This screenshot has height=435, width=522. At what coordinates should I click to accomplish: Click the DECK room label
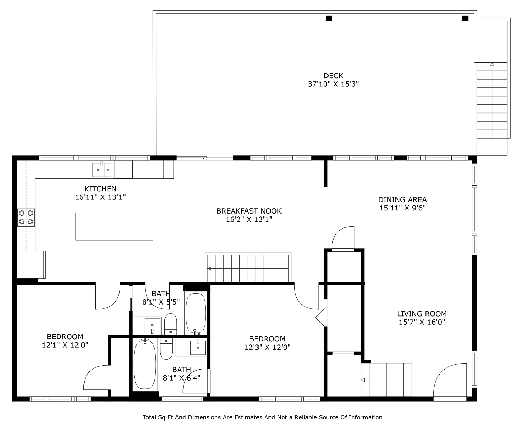click(333, 75)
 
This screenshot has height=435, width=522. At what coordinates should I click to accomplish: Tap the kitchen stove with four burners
click(26, 217)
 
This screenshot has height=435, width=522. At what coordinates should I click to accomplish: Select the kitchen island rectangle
click(114, 226)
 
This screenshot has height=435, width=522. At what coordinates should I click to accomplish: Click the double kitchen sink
click(102, 170)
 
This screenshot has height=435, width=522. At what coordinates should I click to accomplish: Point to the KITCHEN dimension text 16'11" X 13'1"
click(100, 197)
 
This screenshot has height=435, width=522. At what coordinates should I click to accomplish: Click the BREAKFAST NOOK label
click(249, 211)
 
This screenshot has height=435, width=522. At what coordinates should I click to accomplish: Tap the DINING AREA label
click(402, 199)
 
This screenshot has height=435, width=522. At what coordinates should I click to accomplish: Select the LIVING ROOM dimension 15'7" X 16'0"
click(422, 322)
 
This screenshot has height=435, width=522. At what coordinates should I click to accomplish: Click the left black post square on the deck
click(329, 18)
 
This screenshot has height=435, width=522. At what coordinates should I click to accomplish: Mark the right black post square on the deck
click(465, 18)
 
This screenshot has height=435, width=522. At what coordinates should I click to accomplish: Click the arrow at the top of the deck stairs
click(492, 64)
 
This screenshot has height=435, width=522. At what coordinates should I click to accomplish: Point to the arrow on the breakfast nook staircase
click(209, 268)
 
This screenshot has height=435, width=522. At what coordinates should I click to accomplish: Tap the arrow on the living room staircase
click(363, 380)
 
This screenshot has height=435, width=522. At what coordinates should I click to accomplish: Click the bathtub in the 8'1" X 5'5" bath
click(196, 313)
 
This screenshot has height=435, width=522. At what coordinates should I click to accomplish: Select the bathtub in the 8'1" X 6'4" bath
click(145, 364)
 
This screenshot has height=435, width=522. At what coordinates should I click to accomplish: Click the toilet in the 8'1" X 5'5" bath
click(170, 324)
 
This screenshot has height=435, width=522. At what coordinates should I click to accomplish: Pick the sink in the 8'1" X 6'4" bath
click(198, 348)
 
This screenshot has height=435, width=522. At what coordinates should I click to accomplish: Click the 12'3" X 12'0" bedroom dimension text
click(267, 347)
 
